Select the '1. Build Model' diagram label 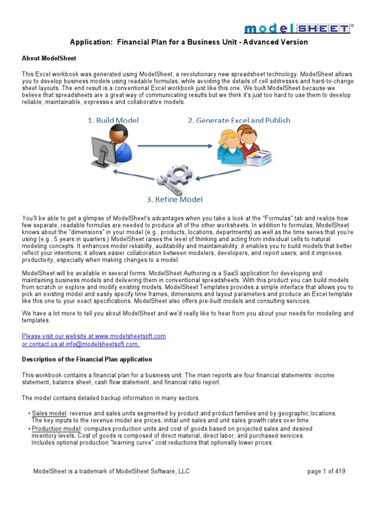pyautogui.click(x=113, y=120)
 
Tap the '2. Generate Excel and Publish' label pyautogui.click(x=239, y=120)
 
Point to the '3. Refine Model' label pyautogui.click(x=174, y=200)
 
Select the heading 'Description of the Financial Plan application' pyautogui.click(x=87, y=359)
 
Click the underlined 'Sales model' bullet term pyautogui.click(x=49, y=413)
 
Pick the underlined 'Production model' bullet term pyautogui.click(x=56, y=429)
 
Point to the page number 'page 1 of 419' pyautogui.click(x=326, y=471)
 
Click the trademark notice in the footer pyautogui.click(x=111, y=471)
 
